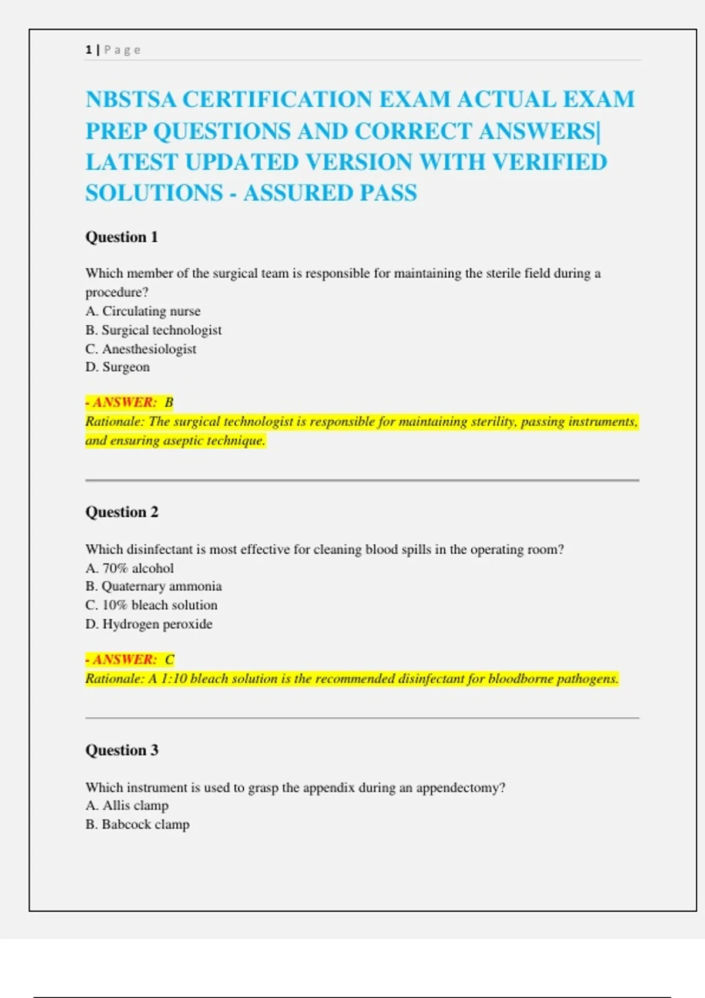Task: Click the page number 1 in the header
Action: pyautogui.click(x=89, y=50)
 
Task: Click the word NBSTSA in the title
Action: pyautogui.click(x=131, y=100)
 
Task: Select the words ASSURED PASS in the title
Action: pyautogui.click(x=330, y=193)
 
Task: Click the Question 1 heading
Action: pyautogui.click(x=122, y=237)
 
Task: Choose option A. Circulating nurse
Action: pyautogui.click(x=143, y=311)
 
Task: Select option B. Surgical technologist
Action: pyautogui.click(x=153, y=330)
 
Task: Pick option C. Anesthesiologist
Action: pyautogui.click(x=141, y=349)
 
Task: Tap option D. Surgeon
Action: pyautogui.click(x=117, y=367)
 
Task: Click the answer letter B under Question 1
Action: pyautogui.click(x=169, y=403)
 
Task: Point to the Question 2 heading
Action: pyautogui.click(x=122, y=512)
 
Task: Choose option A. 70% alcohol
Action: pyautogui.click(x=129, y=568)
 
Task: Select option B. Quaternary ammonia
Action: pyautogui.click(x=153, y=586)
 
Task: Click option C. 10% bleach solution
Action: pyautogui.click(x=151, y=605)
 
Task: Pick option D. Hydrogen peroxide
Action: pyautogui.click(x=149, y=624)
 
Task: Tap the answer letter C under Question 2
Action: pyautogui.click(x=170, y=660)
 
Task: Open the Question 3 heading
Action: pyautogui.click(x=122, y=750)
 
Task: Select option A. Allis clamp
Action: pyautogui.click(x=127, y=805)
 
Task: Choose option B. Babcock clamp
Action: pyautogui.click(x=137, y=824)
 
